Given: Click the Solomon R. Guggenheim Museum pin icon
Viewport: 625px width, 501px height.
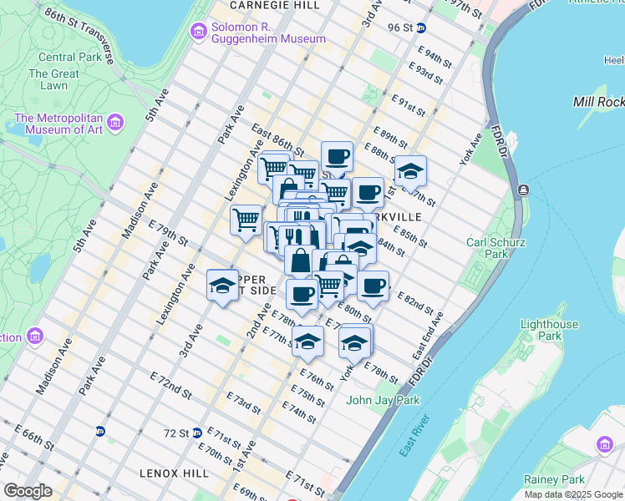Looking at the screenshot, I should coord(199,33).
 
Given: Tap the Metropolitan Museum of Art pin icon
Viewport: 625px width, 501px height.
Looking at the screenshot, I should coord(115,123).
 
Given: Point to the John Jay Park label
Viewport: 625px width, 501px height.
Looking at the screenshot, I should coord(383,400).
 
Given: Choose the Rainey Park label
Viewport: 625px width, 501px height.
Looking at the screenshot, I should coord(553,479).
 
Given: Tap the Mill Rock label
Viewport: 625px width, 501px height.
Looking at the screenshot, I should coord(598,101).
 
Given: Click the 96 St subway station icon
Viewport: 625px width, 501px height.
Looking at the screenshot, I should coord(422,28).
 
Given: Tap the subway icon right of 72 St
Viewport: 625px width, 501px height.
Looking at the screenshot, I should coord(197,433).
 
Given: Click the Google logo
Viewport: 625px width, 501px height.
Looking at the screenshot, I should coord(28,491).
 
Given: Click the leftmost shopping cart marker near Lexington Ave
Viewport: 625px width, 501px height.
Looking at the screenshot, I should coord(246,220).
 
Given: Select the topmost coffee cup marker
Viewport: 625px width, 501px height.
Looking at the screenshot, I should coord(337,156).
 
